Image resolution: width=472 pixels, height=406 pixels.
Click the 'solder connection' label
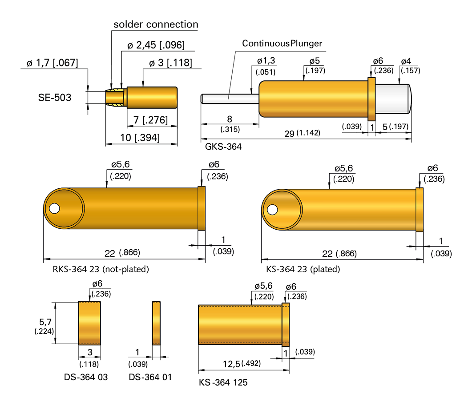coord(156,24)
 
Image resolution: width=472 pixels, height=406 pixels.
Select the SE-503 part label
coord(55,97)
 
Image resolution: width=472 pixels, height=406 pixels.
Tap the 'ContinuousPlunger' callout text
coord(282,44)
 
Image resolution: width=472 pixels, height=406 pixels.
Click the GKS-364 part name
coord(223,146)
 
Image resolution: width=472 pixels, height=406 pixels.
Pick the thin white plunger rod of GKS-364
coord(229,98)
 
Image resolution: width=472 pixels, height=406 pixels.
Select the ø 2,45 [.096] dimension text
coord(156,45)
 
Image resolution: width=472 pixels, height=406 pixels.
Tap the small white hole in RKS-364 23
coord(54,208)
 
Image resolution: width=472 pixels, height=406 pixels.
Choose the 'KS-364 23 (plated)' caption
coord(303,269)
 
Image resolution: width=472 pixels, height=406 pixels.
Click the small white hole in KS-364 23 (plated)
coord(272,208)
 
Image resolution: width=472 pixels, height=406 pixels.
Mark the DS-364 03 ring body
coord(89,322)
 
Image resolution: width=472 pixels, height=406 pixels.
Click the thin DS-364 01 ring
coord(156,322)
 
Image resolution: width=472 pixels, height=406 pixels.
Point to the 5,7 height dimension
coord(44,326)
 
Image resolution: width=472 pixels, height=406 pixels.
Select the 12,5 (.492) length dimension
coord(242,364)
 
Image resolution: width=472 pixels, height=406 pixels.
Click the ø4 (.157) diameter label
coord(410,65)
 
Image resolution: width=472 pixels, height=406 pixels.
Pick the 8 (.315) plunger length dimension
coord(230,124)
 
